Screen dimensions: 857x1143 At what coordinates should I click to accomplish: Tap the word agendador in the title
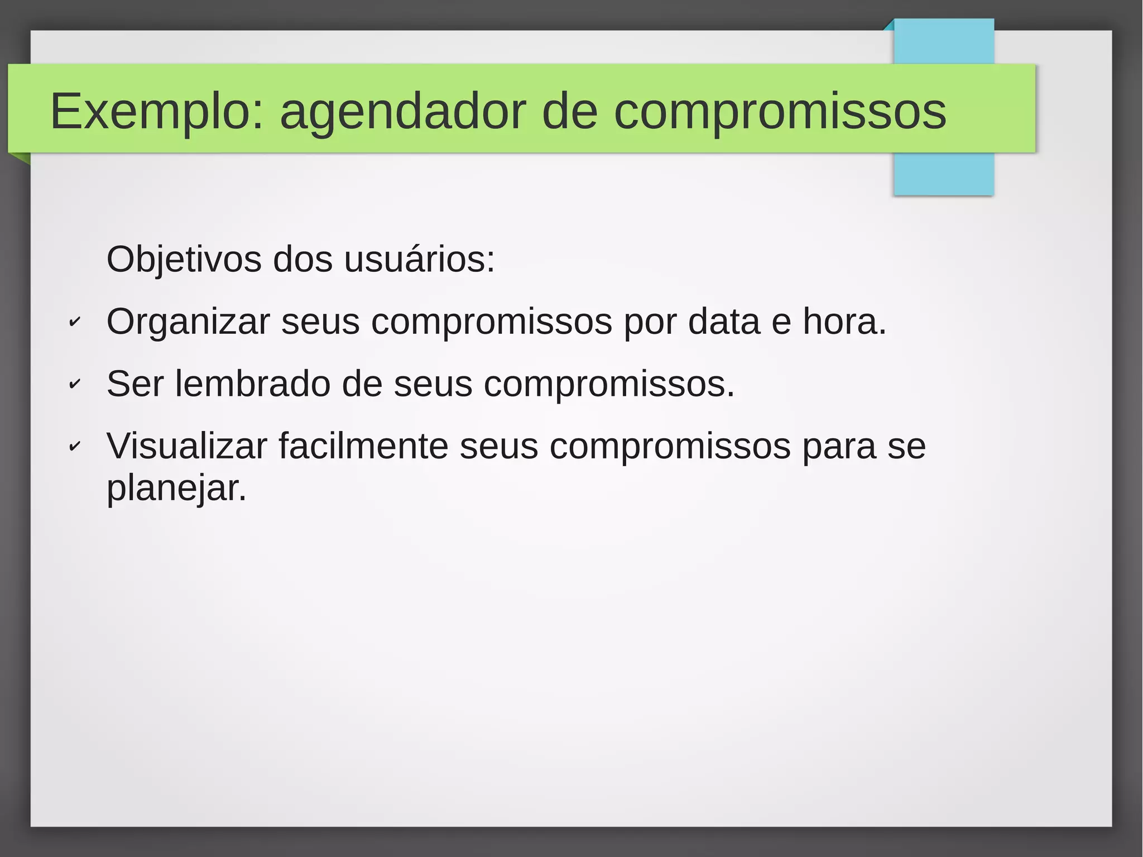point(402,111)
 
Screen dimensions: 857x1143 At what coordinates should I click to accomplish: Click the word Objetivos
point(184,260)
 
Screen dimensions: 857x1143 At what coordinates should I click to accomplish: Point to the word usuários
point(419,260)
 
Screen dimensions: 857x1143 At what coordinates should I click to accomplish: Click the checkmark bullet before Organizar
point(74,322)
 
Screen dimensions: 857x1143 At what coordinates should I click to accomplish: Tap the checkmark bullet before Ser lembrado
point(74,384)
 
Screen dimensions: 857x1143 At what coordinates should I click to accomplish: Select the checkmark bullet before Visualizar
point(74,446)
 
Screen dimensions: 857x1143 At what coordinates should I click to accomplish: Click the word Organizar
point(188,322)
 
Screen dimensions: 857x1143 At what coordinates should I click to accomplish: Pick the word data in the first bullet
point(724,322)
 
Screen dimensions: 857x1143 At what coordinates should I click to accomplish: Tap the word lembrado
point(252,384)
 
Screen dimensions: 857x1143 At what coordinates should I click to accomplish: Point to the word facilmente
point(363,446)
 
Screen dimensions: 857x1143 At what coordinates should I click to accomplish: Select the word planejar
point(176,489)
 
